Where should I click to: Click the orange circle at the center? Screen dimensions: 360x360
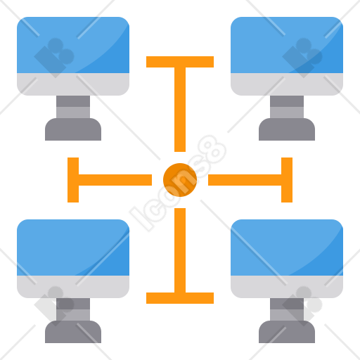[180, 180]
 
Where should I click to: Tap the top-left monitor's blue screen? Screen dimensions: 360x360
[73, 45]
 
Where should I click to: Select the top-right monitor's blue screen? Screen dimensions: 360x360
[287, 45]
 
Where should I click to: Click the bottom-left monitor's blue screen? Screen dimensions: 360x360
[73, 247]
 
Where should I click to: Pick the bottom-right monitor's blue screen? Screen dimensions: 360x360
[287, 247]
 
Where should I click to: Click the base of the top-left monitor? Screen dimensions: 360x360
[73, 129]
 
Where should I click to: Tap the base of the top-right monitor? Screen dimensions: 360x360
[287, 129]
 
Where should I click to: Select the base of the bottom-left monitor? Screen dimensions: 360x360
[73, 332]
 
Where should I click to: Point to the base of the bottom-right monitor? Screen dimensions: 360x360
[287, 332]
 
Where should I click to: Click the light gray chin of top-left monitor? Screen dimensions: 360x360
[73, 84]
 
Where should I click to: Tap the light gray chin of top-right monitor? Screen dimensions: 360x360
[287, 84]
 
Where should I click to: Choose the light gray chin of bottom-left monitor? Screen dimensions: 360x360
[73, 287]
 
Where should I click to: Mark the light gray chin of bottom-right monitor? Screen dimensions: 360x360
[287, 287]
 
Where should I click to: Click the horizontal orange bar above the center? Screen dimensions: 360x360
[180, 62]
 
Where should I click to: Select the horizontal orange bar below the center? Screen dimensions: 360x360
[180, 298]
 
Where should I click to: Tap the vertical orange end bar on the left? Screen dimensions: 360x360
[73, 180]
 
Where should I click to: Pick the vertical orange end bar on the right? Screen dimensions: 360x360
[287, 180]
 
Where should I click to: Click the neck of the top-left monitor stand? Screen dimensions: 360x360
[73, 107]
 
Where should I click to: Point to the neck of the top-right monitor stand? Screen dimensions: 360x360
[287, 107]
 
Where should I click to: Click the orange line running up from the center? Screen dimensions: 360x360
[180, 110]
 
